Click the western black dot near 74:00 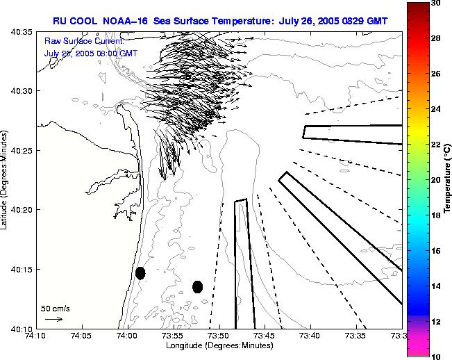[140, 273]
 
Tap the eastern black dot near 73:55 [197, 286]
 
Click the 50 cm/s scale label [56, 308]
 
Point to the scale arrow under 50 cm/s [53, 319]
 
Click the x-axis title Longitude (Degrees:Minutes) [219, 345]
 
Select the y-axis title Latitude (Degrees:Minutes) [6, 181]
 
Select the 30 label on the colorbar [435, 3]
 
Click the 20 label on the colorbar [435, 180]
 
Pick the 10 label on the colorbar [435, 356]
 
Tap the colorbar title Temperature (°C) [448, 181]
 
